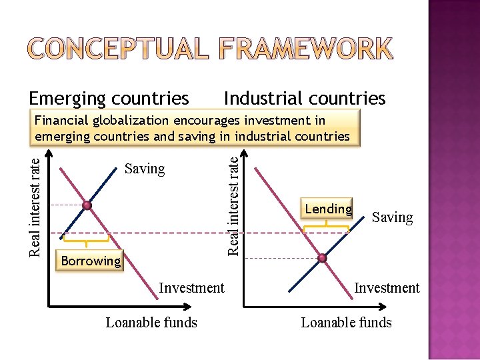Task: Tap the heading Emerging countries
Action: [x=109, y=99]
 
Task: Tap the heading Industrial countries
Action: [x=305, y=99]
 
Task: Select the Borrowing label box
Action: [x=91, y=261]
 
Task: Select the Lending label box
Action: [x=328, y=209]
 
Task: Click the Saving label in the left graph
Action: [x=145, y=169]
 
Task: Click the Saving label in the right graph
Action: [x=392, y=217]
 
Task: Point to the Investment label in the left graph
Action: [x=191, y=288]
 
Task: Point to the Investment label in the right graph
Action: [x=387, y=288]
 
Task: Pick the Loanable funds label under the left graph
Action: [x=151, y=323]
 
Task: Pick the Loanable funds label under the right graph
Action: [x=346, y=323]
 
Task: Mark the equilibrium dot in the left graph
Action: [x=87, y=205]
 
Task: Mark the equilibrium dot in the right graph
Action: [x=323, y=258]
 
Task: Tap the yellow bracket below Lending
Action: [x=326, y=227]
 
